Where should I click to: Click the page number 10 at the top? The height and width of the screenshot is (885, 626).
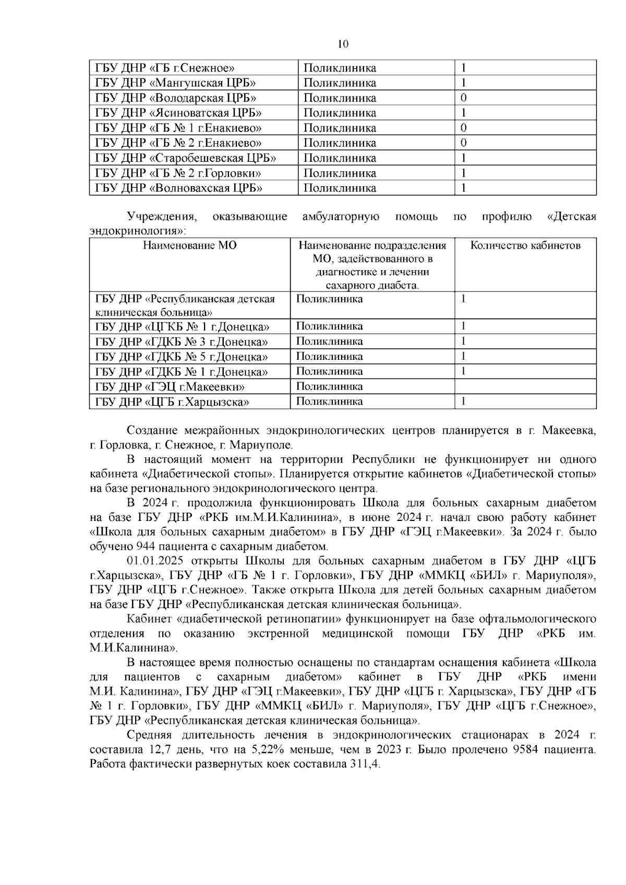(343, 44)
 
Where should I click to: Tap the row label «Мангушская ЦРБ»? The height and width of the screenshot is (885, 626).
(175, 83)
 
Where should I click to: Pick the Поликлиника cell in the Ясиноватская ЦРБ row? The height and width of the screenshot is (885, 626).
(340, 113)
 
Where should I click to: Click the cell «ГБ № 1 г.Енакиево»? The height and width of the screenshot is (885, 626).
(178, 128)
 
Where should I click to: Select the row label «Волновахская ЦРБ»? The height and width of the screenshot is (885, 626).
(178, 188)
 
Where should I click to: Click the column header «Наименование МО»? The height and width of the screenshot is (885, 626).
(189, 246)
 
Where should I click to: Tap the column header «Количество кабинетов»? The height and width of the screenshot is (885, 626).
(525, 246)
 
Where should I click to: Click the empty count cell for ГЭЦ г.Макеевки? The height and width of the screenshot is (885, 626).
(525, 386)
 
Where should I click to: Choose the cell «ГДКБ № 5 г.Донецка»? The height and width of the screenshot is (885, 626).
(182, 357)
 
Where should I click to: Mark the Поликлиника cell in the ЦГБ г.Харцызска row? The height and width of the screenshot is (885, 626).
(330, 402)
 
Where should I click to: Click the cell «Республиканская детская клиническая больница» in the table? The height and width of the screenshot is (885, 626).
(185, 306)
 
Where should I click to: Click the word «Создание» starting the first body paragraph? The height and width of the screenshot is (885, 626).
(151, 431)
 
